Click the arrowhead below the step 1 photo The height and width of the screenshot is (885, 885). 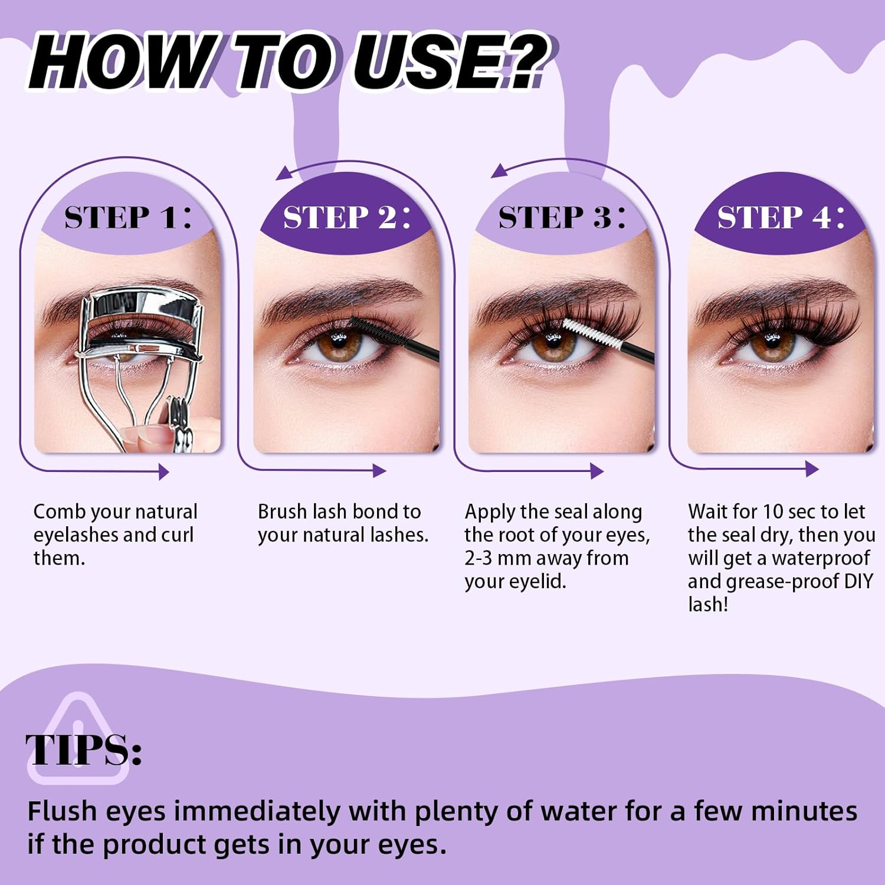click(163, 471)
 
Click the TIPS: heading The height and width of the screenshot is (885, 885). click(83, 750)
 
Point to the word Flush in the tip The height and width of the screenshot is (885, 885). click(63, 811)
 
